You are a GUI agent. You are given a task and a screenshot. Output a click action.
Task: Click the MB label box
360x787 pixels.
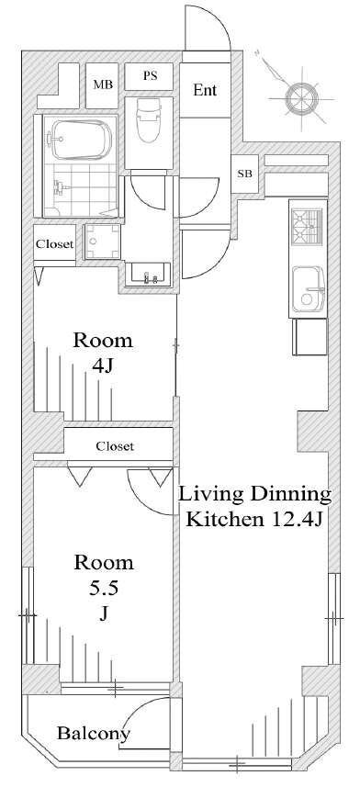coord(102,85)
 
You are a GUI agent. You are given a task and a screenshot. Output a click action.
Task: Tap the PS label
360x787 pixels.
coord(150,76)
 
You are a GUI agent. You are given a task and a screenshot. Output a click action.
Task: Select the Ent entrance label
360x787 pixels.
coord(205,90)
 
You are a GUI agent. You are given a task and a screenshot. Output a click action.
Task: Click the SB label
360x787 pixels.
coord(244,174)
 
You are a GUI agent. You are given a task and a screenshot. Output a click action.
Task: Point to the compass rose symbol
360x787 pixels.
coord(299,96)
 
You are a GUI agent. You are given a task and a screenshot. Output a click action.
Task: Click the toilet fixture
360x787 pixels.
coord(148,119)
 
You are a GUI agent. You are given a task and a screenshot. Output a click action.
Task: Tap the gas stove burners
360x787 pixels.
coord(308,225)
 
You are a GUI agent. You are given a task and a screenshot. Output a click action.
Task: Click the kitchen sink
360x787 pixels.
coord(309,290)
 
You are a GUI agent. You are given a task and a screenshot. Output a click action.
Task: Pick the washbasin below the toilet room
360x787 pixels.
coord(148,275)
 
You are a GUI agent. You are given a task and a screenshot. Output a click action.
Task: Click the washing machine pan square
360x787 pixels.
coord(103,242)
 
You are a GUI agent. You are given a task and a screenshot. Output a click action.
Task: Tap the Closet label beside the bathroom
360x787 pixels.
coord(54,244)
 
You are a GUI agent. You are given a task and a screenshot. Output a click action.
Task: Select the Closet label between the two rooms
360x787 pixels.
coord(116,445)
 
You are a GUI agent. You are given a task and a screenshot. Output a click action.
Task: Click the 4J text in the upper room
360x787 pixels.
coord(104,365)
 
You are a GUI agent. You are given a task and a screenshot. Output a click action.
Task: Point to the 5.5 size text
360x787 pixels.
coord(104,588)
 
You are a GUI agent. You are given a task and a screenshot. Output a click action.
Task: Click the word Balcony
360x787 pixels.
coord(94,734)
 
